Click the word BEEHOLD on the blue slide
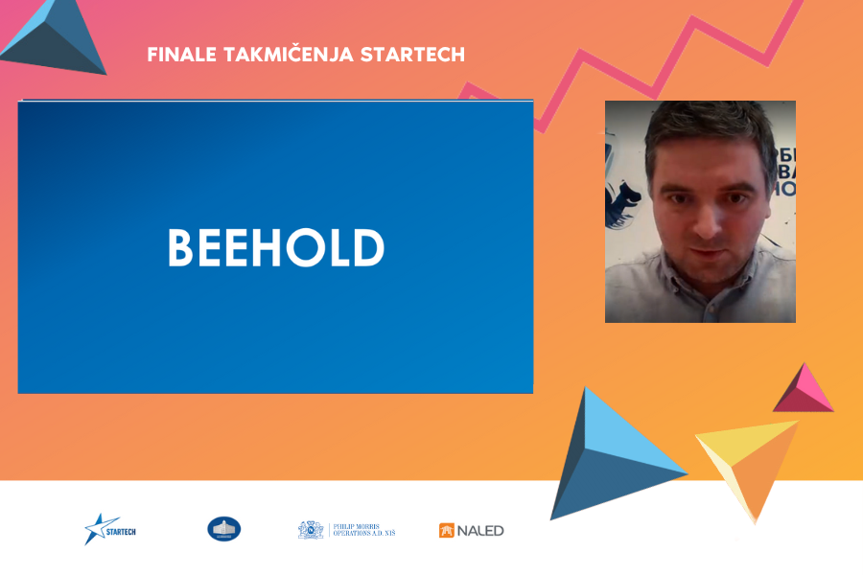point(276,248)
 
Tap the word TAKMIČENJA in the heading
point(276,55)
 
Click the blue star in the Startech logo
point(96,529)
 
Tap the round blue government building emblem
point(223,529)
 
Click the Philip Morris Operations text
point(362,530)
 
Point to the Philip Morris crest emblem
point(311,530)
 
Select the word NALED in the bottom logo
point(479,531)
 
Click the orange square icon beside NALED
point(446,531)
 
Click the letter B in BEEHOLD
point(181,248)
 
